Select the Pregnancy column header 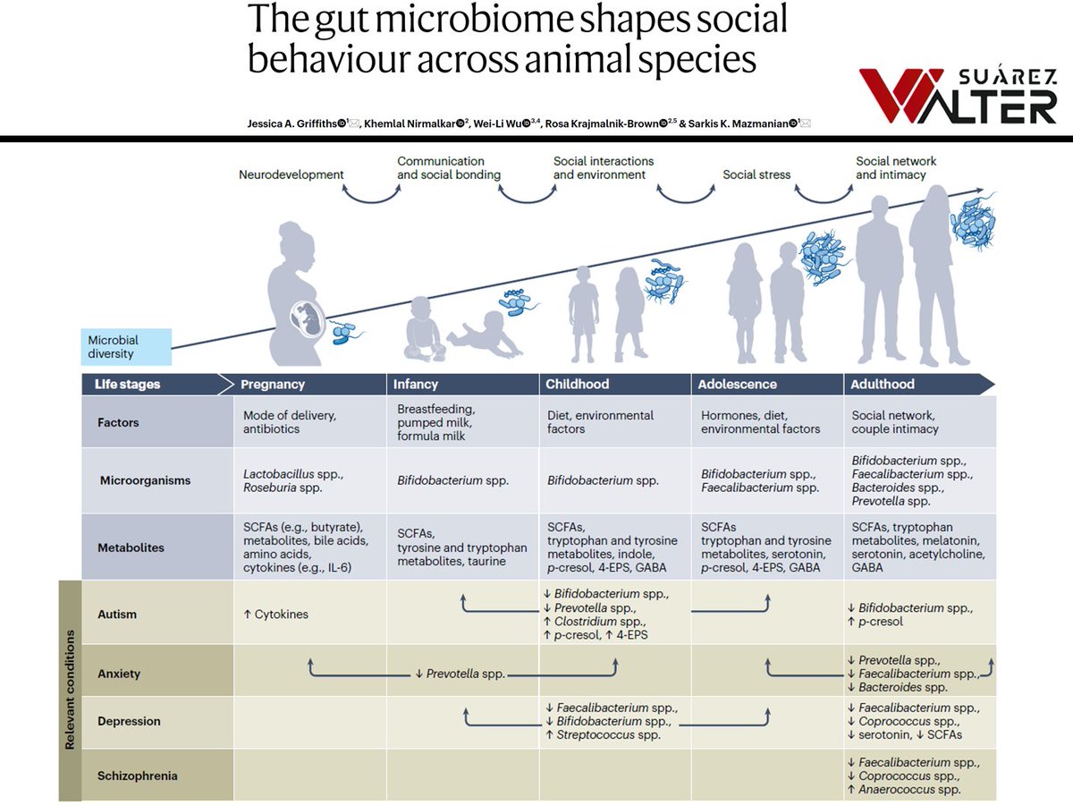[x=273, y=384]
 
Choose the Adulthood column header [x=883, y=384]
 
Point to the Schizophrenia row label [x=137, y=776]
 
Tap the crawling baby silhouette [x=484, y=334]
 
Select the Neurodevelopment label [x=291, y=174]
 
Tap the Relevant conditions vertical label [x=69, y=689]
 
